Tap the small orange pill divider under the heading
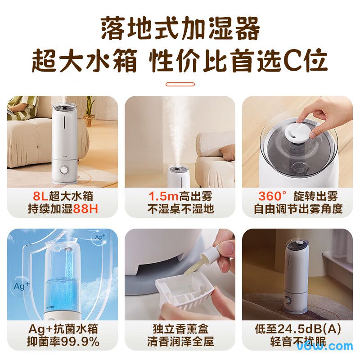[180, 84]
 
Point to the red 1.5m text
[161, 197]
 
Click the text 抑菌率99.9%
[63, 342]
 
